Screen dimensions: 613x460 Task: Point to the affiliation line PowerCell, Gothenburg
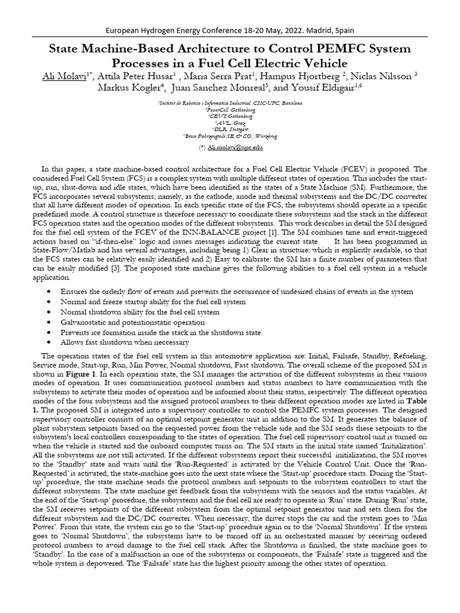pyautogui.click(x=230, y=110)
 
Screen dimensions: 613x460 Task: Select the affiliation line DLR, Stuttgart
pyautogui.click(x=230, y=129)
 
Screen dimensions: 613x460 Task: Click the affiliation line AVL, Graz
pyautogui.click(x=230, y=123)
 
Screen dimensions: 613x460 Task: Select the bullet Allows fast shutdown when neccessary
pyautogui.click(x=125, y=342)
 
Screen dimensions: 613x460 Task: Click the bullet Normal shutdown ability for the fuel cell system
pyautogui.click(x=140, y=312)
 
